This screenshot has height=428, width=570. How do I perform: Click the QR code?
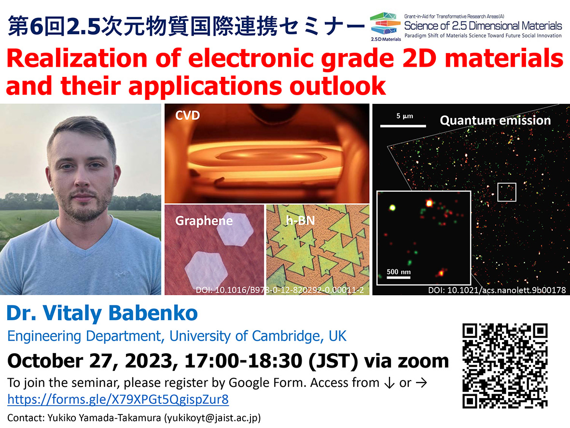pos(505,366)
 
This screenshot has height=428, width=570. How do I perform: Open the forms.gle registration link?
pos(118,399)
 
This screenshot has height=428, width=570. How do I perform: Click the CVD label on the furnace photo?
pos(188,115)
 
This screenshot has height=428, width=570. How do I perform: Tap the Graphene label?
pos(204,221)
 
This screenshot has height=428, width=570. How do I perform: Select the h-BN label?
pos(300,220)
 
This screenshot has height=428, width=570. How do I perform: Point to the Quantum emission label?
pos(495,120)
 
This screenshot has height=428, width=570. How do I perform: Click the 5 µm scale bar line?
pos(403,126)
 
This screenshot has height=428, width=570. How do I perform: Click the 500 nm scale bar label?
pos(398,271)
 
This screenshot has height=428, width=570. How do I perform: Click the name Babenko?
pos(153,313)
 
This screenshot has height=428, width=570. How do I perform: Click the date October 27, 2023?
pos(90,361)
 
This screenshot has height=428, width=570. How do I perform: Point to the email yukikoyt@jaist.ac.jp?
pos(213,418)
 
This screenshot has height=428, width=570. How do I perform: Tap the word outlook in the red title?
pos(337,86)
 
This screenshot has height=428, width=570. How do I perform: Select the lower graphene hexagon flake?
pos(206,271)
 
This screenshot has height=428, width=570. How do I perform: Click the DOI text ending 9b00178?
pos(497,290)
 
